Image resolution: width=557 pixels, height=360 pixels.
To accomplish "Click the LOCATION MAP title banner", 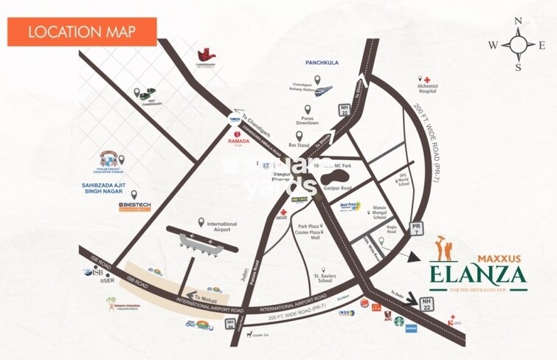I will pos(82,32).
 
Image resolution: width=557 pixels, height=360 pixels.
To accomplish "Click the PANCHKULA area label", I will pos(322,63).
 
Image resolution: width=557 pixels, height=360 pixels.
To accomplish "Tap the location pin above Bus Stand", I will pos(299,135).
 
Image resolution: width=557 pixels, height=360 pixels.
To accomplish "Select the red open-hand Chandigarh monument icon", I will pos(205,55).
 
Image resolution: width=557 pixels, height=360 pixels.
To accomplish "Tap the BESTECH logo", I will pos(134,204).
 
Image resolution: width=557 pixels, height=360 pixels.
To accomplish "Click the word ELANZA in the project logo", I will pos(479,277).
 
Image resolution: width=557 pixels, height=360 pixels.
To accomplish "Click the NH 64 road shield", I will pos(233,325).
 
